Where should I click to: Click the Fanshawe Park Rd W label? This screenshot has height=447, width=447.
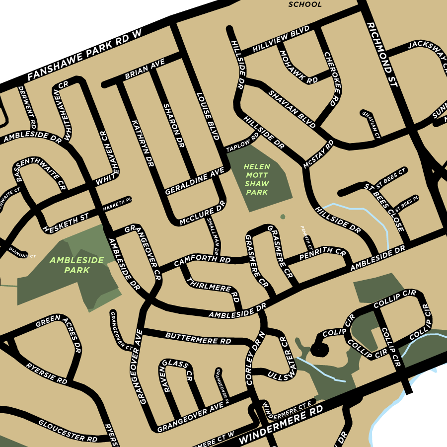85,55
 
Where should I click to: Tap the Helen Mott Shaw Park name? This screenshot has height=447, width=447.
257,179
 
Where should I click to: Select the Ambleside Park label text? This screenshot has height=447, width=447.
77,265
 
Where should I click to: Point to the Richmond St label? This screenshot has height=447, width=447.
382,55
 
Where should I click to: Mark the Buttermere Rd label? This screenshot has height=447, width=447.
198,338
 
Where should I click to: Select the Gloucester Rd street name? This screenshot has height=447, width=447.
68,430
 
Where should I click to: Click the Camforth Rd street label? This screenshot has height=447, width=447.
202,260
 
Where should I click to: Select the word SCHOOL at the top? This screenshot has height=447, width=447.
305,4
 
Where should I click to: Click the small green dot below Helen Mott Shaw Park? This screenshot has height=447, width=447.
283,217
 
